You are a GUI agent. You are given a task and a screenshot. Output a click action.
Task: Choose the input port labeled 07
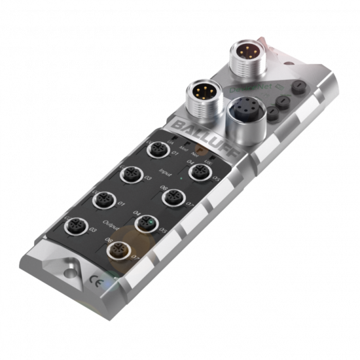(174, 197)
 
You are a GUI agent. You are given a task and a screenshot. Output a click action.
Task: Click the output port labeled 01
(103, 200)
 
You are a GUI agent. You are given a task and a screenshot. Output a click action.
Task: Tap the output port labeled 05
(145, 225)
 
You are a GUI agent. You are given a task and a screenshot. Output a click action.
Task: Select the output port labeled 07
(120, 250)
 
